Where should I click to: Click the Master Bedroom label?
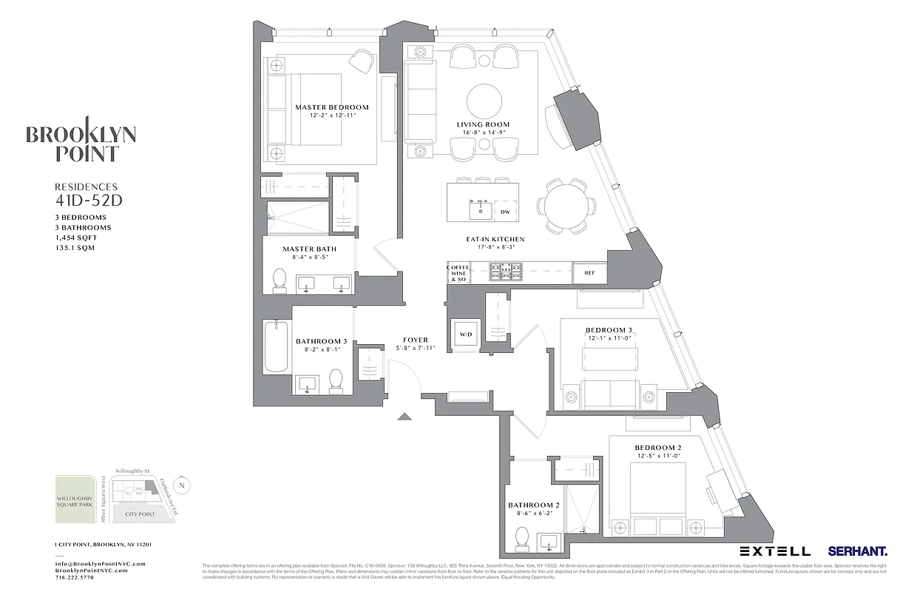pyautogui.click(x=331, y=107)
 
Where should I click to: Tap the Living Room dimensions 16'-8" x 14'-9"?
pyautogui.click(x=483, y=133)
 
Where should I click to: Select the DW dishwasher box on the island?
pyautogui.click(x=505, y=212)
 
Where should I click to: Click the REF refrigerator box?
pyautogui.click(x=589, y=272)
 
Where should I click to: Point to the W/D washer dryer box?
pyautogui.click(x=466, y=334)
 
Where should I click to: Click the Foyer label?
pyautogui.click(x=415, y=340)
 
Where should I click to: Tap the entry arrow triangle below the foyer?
pyautogui.click(x=404, y=417)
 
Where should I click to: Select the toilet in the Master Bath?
pyautogui.click(x=280, y=279)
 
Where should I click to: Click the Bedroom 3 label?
pyautogui.click(x=609, y=330)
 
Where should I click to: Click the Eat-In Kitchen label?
pyautogui.click(x=495, y=239)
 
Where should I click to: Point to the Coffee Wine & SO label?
pyautogui.click(x=458, y=273)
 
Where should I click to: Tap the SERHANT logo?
pyautogui.click(x=858, y=551)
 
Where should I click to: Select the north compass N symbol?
pyautogui.click(x=183, y=485)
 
